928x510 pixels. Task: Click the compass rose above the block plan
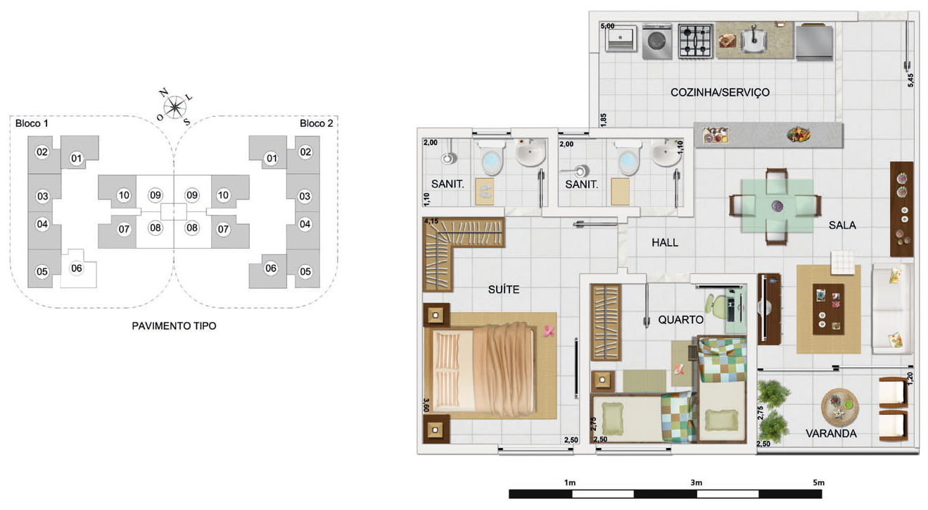point(174,106)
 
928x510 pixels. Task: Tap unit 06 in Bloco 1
point(77,268)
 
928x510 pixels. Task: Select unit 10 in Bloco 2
point(223,195)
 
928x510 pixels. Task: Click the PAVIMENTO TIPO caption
point(174,326)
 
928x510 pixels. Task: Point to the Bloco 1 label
point(32,123)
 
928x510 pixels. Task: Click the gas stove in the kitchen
point(695,41)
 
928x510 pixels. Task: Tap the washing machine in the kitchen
point(657,41)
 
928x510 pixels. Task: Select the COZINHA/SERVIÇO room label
point(720,92)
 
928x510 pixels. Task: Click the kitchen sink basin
point(754,40)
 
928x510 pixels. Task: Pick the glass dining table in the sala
point(777,206)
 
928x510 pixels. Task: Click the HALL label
point(665,242)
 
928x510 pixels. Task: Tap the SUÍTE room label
point(503,290)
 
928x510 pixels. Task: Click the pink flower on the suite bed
point(549,331)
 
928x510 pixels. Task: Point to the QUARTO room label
point(680,320)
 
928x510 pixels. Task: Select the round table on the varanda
point(839,407)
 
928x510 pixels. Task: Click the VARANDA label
point(831,433)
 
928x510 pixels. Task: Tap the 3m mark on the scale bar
point(696,483)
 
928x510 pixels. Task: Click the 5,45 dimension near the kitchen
point(910,80)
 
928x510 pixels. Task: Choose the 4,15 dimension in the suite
point(431,221)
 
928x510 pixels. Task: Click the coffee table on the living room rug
point(828,309)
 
